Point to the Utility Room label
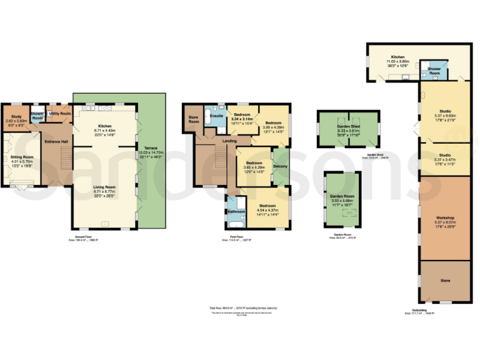coord(60,114)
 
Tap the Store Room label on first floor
coord(194,119)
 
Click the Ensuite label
coord(217,116)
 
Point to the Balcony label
coord(281,166)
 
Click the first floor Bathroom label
coord(236,212)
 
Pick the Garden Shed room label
coord(347,126)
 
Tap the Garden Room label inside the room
coord(341,196)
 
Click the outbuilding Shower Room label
coord(433,69)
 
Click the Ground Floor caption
coord(80,238)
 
